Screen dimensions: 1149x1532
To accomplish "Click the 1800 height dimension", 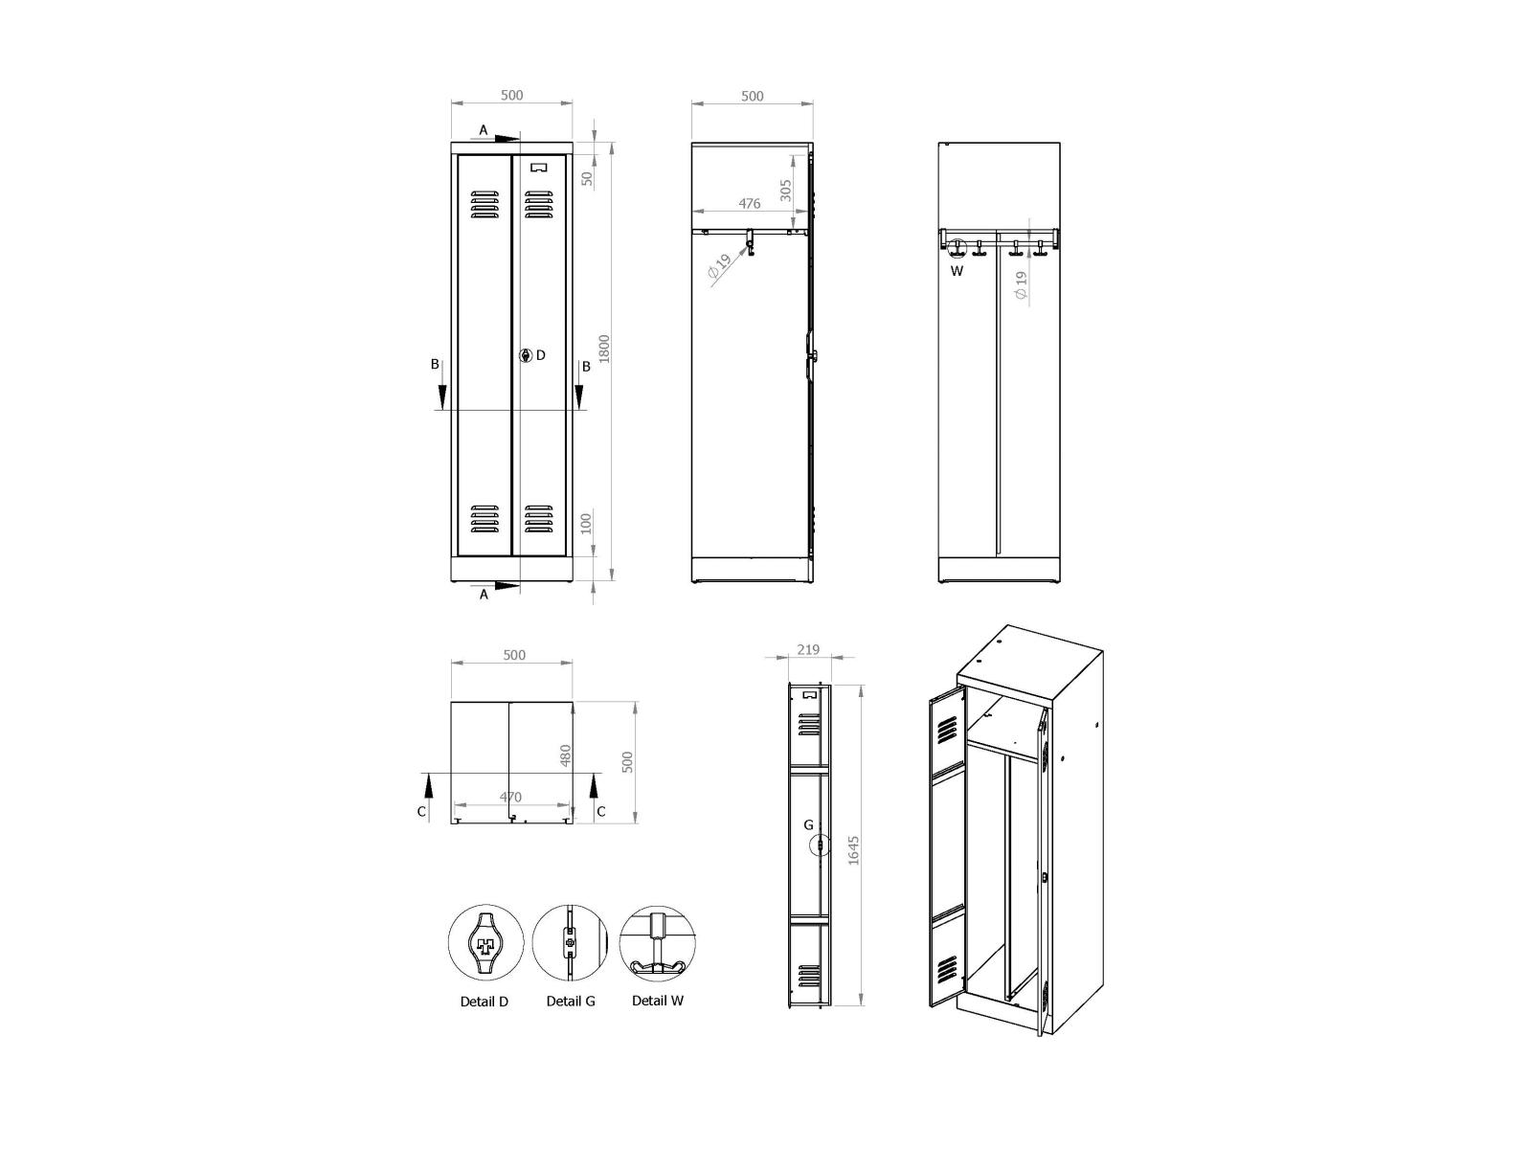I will pyautogui.click(x=604, y=349).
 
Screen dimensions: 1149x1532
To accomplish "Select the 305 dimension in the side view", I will pyautogui.click(x=785, y=191).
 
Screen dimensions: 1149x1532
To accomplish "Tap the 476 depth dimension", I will pyautogui.click(x=750, y=204).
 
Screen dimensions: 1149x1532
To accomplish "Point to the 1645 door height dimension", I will pyautogui.click(x=854, y=849).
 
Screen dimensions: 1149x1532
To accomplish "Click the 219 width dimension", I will pyautogui.click(x=807, y=649).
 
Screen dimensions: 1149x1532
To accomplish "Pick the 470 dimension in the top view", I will pyautogui.click(x=510, y=797).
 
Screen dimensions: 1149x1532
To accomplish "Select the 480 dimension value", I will pyautogui.click(x=565, y=755).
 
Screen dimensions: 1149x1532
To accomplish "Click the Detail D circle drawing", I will pyautogui.click(x=486, y=942).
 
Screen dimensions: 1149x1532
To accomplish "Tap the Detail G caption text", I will pyautogui.click(x=571, y=1002).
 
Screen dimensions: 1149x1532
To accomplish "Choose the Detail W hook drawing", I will pyautogui.click(x=657, y=942).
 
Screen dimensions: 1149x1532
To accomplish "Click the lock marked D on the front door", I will pyautogui.click(x=526, y=355).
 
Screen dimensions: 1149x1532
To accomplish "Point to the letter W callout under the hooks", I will pyautogui.click(x=957, y=271).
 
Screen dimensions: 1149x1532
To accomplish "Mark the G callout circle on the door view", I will pyautogui.click(x=820, y=846).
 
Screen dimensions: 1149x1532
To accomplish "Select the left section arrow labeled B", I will pyautogui.click(x=442, y=393).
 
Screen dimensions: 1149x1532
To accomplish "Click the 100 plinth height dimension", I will pyautogui.click(x=586, y=524).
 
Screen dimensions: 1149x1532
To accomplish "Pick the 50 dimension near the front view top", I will pyautogui.click(x=588, y=178).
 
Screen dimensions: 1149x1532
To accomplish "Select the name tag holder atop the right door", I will pyautogui.click(x=539, y=167).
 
